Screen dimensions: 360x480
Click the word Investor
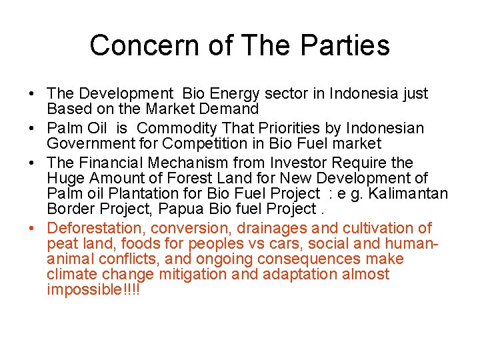297,163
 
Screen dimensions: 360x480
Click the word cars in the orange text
267,243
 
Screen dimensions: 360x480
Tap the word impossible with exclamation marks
94,289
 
